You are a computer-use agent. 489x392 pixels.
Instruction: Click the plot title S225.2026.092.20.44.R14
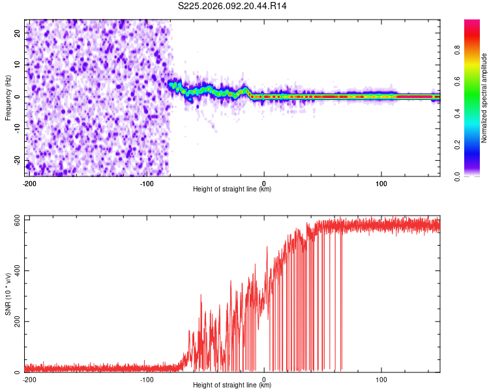[x=233, y=6]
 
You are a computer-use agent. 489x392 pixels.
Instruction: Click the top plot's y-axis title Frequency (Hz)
[x=8, y=97]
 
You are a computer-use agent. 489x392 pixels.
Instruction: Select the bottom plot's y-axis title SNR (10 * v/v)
[x=8, y=293]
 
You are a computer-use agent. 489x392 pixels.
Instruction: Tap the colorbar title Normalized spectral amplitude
[x=484, y=98]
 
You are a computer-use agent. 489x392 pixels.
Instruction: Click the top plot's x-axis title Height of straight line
[x=232, y=189]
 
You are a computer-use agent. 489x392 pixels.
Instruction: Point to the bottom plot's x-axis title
[x=232, y=385]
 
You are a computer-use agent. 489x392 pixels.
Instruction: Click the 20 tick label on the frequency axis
[x=18, y=32]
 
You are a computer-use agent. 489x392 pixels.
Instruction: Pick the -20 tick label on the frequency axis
[x=16, y=160]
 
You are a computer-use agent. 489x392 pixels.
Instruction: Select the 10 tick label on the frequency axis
[x=18, y=64]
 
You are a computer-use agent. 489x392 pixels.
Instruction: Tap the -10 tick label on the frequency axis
[x=16, y=128]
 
